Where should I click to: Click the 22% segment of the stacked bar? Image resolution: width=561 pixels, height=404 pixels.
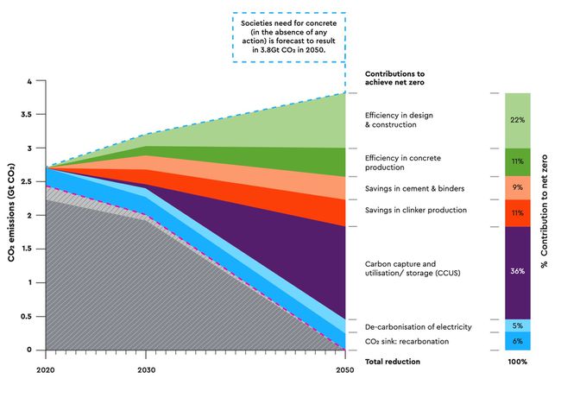coord(517,120)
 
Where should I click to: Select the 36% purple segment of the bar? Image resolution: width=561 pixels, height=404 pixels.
coord(517,272)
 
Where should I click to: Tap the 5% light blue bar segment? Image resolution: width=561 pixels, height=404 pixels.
coord(517,325)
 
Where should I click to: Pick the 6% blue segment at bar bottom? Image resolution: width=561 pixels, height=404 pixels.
coord(517,341)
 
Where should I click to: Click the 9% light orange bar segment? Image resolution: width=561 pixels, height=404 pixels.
coord(517,187)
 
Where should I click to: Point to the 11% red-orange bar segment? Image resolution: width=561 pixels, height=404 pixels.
coord(517,212)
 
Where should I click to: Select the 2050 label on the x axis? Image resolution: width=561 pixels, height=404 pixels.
coord(344,369)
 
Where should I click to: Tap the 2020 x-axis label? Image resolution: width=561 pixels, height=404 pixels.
coord(45,369)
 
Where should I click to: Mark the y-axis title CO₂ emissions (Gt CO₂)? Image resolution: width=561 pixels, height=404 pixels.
coord(11,216)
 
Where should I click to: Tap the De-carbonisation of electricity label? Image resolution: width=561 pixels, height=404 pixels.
coord(418,327)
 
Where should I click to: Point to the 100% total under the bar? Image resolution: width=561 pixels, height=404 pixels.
coord(517,362)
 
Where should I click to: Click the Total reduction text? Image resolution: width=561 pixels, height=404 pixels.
coord(394,362)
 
